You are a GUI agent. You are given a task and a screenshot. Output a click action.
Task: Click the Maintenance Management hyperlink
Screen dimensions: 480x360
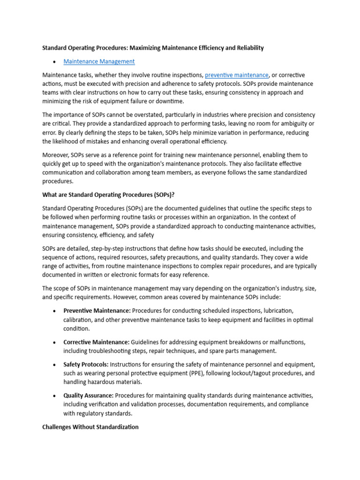99,61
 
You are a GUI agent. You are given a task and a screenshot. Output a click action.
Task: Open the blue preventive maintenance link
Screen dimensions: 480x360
237,75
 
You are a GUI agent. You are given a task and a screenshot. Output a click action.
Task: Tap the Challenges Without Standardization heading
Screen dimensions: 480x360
90,427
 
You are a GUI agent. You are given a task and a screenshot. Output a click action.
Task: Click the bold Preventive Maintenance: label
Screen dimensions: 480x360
97,311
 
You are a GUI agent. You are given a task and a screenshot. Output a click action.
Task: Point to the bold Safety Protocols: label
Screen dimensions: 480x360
86,365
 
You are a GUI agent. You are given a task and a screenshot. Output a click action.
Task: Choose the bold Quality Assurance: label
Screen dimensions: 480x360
89,396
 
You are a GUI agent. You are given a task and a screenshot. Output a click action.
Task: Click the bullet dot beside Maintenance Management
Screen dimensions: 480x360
55,62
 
